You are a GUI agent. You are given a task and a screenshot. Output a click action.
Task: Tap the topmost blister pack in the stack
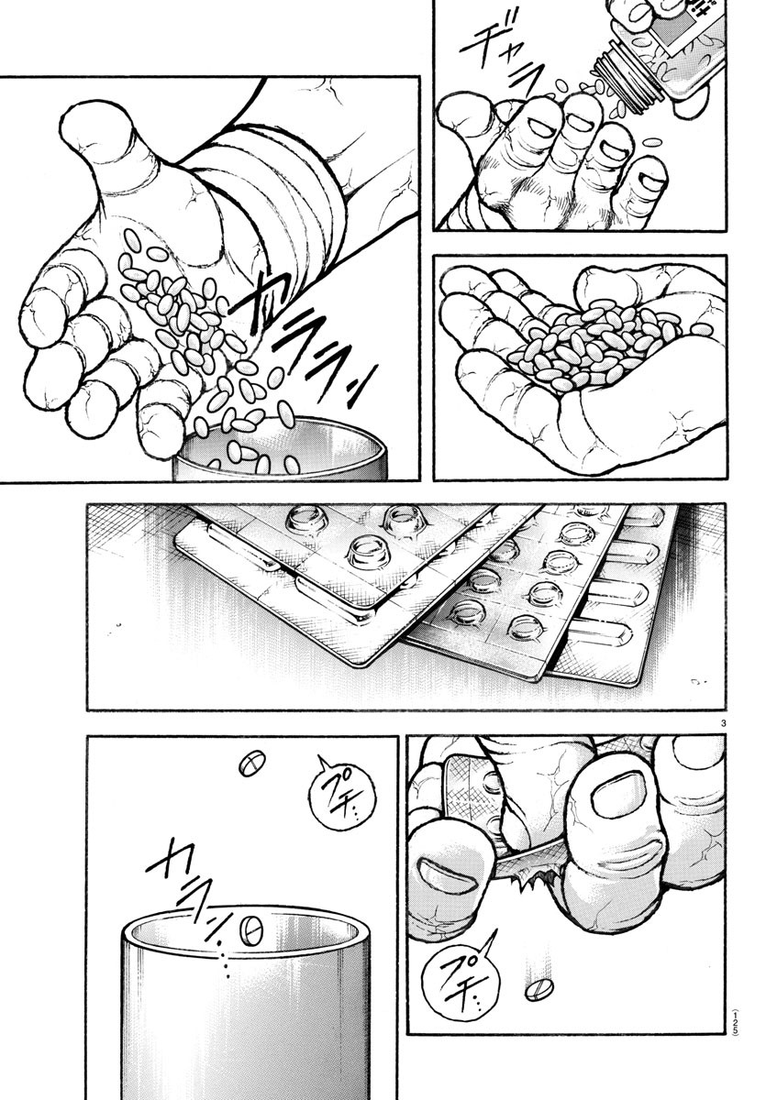367,550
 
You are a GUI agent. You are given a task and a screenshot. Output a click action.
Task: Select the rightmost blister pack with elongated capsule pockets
624,596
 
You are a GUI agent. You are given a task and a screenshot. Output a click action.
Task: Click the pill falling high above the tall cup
250,764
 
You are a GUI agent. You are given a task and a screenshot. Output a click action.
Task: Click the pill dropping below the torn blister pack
538,991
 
